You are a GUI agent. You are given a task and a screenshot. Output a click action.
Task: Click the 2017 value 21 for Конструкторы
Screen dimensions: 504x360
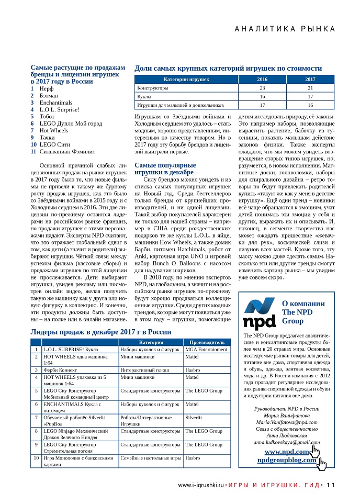(x=310, y=88)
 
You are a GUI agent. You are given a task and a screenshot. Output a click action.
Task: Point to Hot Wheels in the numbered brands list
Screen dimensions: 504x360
(x=54, y=130)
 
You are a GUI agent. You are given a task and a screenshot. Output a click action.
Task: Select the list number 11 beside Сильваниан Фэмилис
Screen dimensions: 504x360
(x=33, y=151)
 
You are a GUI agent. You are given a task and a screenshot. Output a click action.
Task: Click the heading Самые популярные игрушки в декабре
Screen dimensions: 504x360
(x=165, y=169)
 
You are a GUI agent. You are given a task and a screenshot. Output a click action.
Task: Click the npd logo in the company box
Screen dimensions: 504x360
(x=261, y=315)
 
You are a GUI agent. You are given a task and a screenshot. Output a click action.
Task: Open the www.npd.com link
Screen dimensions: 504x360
(x=286, y=451)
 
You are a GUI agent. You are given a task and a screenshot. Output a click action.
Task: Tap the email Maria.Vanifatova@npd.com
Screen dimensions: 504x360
(x=286, y=421)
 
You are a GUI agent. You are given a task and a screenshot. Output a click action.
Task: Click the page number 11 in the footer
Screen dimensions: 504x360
(x=331, y=485)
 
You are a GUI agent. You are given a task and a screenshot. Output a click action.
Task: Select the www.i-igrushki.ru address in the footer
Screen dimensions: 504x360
(x=201, y=485)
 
